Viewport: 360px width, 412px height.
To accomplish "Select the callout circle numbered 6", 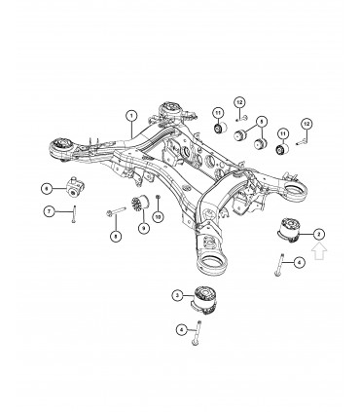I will (x=45, y=187).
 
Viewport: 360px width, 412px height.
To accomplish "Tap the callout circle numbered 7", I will (x=45, y=210).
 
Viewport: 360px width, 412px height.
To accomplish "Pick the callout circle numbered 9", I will (x=144, y=229).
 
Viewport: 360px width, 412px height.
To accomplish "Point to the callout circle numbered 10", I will (x=159, y=216).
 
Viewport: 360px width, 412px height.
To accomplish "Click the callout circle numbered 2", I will (x=320, y=235).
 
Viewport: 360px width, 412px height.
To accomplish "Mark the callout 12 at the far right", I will (x=306, y=123).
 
